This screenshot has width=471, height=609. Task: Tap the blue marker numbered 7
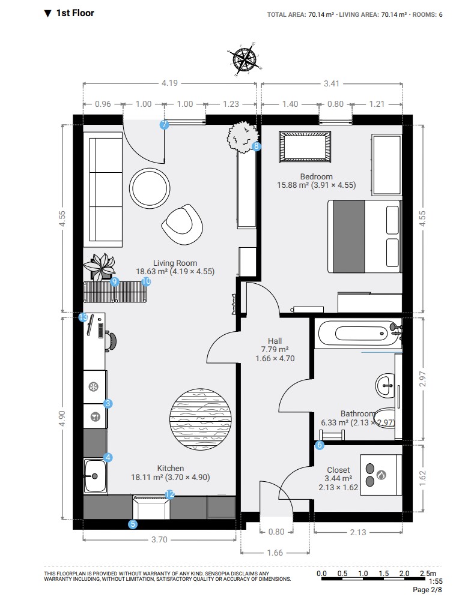165,125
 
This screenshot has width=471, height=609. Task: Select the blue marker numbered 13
84,317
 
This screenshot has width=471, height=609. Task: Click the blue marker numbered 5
133,524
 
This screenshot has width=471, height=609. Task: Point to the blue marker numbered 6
320,445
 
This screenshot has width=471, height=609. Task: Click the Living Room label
175,263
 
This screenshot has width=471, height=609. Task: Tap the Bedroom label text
316,176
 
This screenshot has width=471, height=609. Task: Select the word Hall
275,341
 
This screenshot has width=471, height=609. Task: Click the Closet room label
338,470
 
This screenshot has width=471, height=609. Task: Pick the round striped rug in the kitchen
200,419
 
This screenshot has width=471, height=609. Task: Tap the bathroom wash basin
386,386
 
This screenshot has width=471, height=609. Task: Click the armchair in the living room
183,224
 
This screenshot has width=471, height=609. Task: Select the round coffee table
150,188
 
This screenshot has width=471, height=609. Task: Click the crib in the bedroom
305,147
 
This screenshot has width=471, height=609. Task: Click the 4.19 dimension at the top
169,83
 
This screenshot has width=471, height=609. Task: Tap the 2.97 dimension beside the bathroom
423,379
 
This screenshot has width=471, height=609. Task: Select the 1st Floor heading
75,13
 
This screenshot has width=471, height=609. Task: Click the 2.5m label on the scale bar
428,573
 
